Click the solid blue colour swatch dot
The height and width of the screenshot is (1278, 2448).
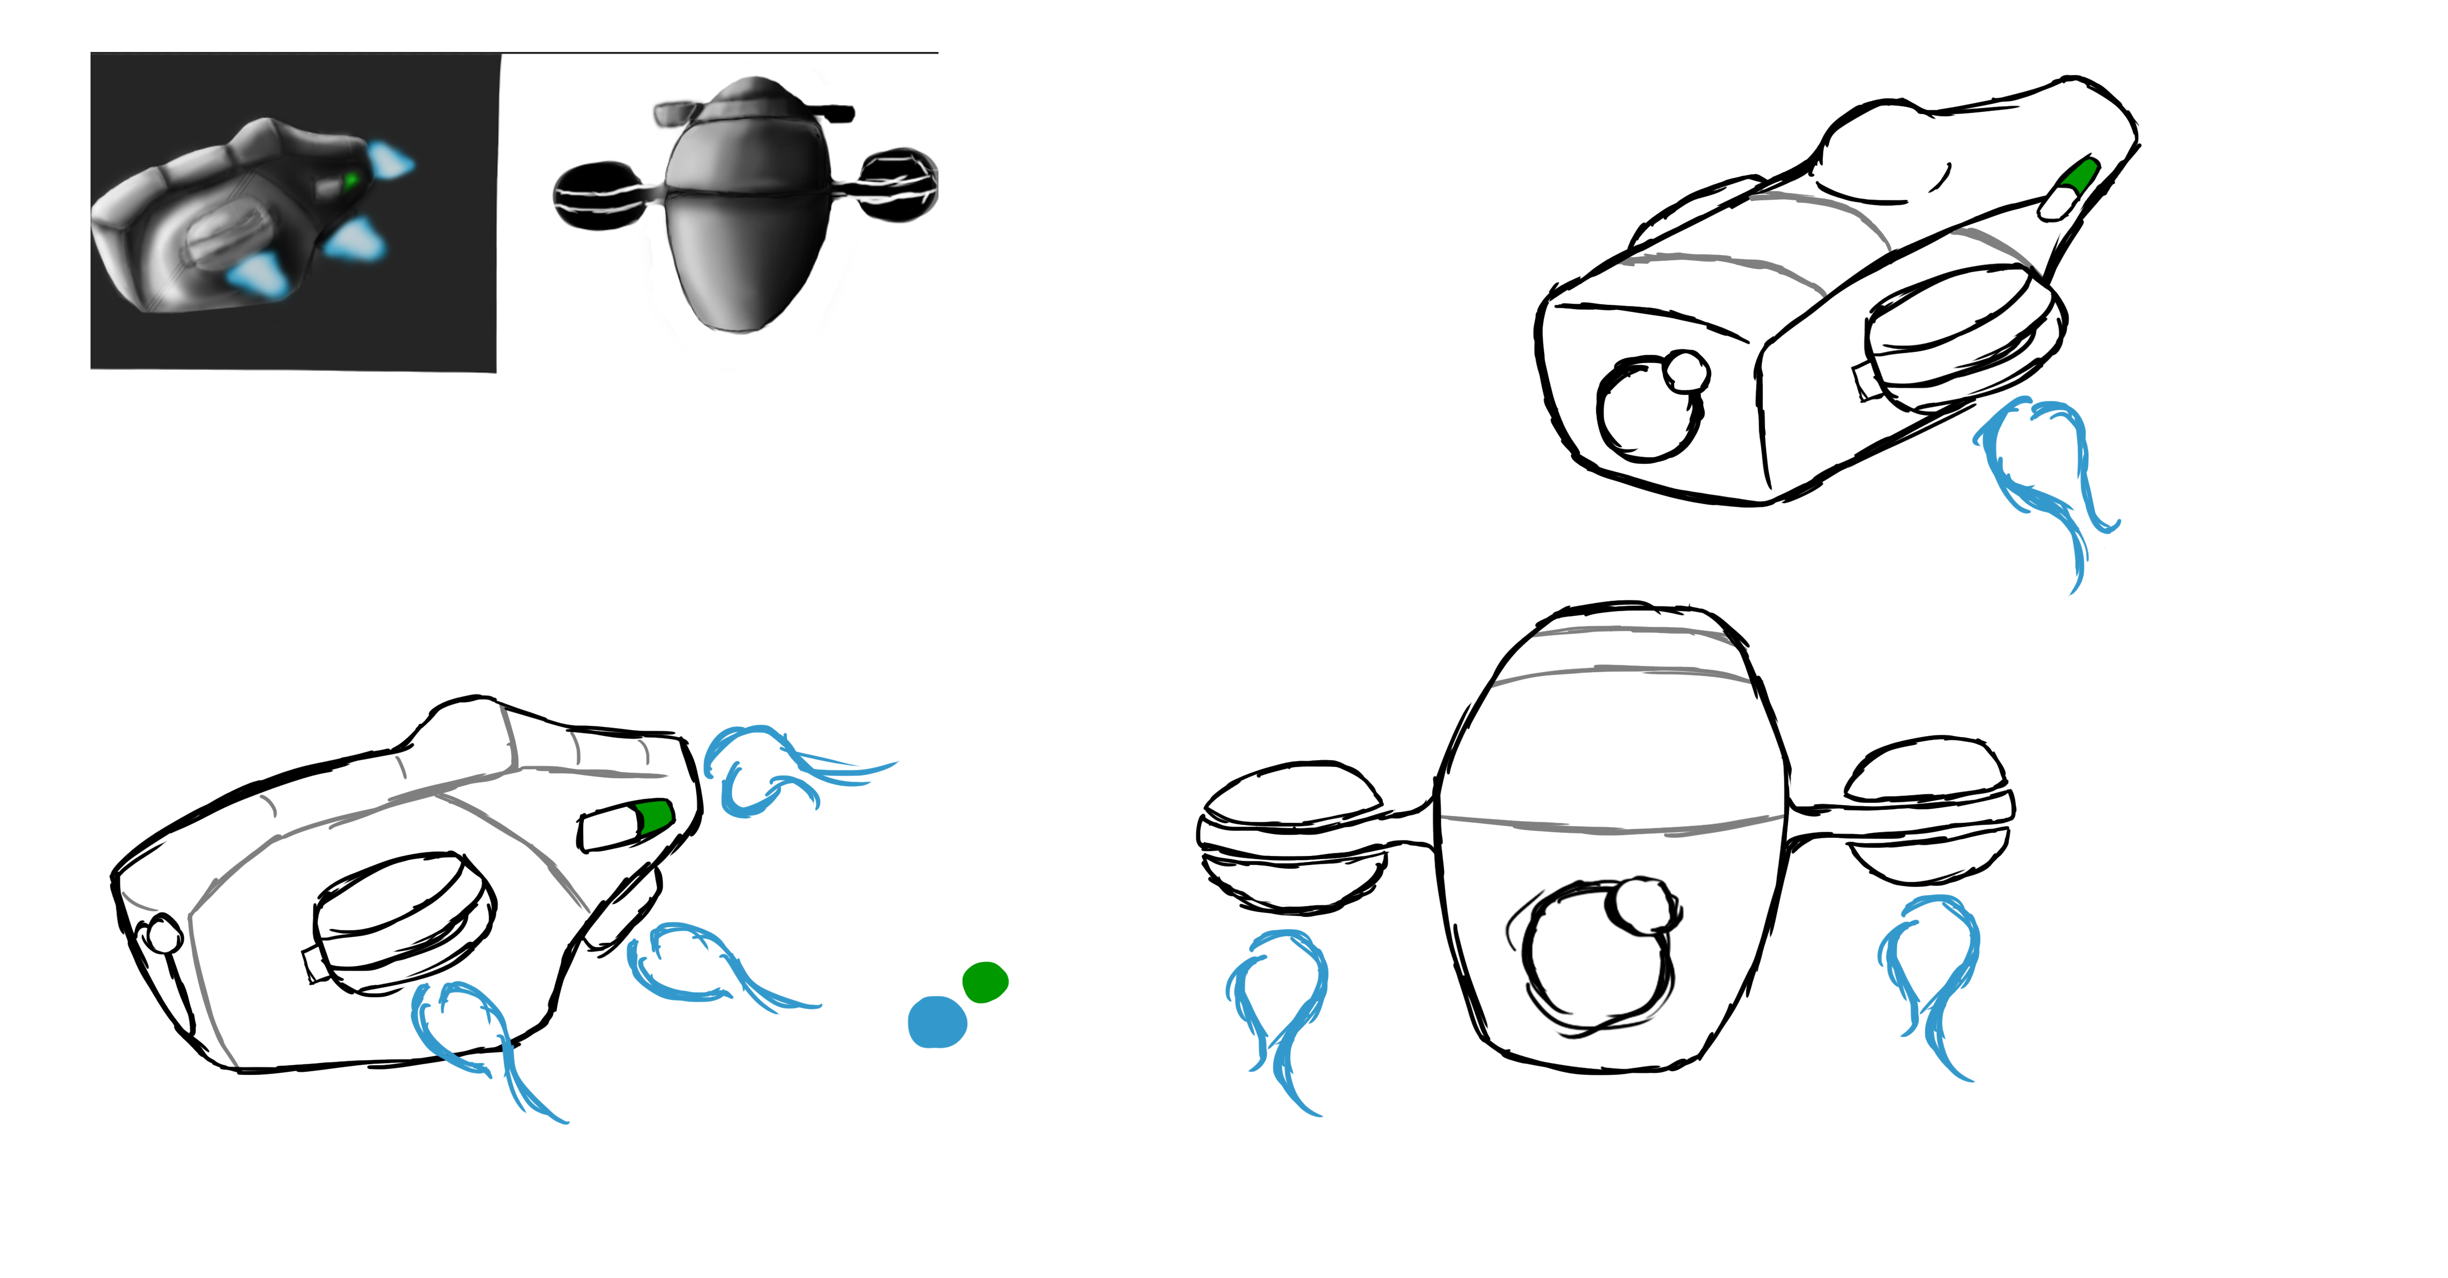click(937, 1023)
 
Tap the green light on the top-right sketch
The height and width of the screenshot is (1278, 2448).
click(2080, 177)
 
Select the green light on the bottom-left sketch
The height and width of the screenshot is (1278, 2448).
click(654, 816)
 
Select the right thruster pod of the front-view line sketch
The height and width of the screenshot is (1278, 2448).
click(1929, 808)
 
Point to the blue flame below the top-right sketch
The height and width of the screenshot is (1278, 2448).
click(2043, 475)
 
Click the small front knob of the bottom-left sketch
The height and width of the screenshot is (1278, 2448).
click(163, 934)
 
